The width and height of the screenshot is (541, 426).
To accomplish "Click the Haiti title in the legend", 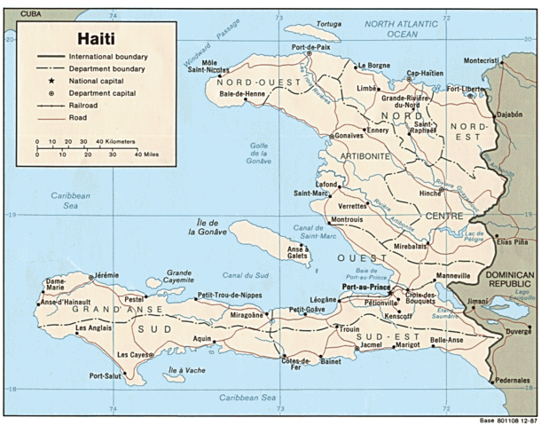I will [74, 38].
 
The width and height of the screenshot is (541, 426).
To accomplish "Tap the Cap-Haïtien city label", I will [425, 74].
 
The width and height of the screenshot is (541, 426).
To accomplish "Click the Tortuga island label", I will [328, 24].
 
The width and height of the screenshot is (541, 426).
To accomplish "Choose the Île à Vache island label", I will [186, 370].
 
